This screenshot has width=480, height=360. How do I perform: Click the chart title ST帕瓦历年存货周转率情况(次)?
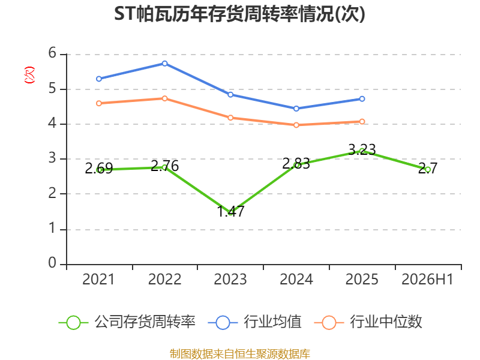pos(239,14)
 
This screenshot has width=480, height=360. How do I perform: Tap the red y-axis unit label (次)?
pos(29,75)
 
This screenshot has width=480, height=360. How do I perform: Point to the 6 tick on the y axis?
pos(52,53)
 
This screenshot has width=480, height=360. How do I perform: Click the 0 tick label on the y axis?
pos(52,263)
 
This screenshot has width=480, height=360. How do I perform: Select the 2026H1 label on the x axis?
pos(427,279)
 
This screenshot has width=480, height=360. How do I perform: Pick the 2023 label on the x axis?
pos(230,279)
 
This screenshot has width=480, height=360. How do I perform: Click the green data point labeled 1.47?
pos(230,212)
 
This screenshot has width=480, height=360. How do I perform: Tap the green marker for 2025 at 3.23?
pos(362,151)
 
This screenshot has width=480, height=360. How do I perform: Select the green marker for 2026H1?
pos(428,169)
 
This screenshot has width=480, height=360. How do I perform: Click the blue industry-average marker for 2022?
pos(164,64)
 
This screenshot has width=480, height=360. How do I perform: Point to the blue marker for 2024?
pos(296,109)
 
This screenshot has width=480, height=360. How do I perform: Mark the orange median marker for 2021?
pos(99,103)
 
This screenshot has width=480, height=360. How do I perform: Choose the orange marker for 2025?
pos(362,122)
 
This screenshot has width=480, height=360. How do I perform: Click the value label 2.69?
pos(99,169)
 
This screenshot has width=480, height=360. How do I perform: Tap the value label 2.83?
pos(296,164)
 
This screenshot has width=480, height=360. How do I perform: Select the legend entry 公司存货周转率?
pos(127,322)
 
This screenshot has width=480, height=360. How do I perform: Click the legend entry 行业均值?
pos(254,322)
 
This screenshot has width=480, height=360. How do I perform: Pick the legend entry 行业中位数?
pos(368,322)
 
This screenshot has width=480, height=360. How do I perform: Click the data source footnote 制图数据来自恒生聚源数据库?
pos(240,354)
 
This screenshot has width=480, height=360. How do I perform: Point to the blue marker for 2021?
pos(99,79)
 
